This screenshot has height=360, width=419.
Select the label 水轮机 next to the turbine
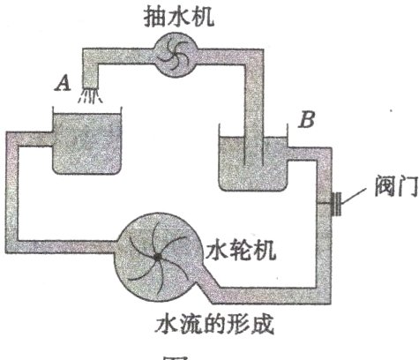[241, 250]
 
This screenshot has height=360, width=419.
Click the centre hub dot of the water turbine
[155, 257]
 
